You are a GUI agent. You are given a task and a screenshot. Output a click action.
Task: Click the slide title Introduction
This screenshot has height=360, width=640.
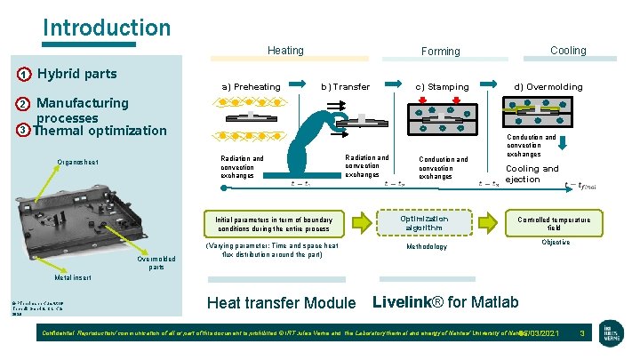coord(107,28)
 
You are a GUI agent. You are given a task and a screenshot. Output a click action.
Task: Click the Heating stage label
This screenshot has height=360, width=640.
coord(285,51)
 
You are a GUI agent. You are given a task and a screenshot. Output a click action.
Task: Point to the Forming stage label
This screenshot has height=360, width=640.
coord(440,52)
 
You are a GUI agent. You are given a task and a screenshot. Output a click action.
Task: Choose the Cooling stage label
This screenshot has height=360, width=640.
coord(568,51)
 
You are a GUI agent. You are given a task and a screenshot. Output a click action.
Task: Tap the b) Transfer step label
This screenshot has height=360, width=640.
coord(345,86)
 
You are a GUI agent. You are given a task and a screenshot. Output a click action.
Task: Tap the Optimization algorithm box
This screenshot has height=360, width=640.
coord(424,223)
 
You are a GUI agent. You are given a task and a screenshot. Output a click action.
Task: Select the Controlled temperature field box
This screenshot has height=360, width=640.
coord(554,223)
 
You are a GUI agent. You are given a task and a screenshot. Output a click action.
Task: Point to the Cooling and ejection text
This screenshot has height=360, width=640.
coord(532,173)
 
